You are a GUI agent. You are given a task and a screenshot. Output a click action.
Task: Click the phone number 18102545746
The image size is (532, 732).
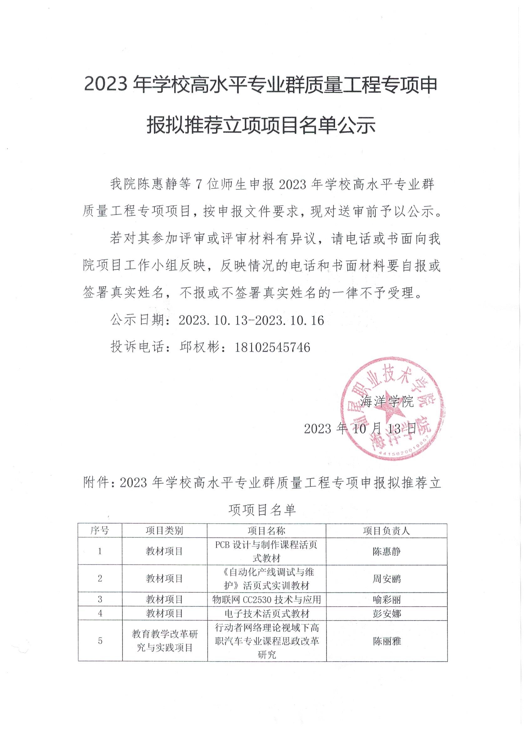click(x=273, y=347)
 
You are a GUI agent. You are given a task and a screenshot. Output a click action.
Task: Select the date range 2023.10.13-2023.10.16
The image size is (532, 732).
click(x=251, y=321)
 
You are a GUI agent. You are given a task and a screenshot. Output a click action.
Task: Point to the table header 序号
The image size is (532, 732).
click(x=100, y=530)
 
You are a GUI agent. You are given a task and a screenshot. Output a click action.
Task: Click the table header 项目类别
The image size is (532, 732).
click(x=165, y=530)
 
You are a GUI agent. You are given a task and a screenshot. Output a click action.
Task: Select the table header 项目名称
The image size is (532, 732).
click(x=266, y=530)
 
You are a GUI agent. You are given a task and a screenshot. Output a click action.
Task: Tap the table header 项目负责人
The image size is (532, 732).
click(x=386, y=530)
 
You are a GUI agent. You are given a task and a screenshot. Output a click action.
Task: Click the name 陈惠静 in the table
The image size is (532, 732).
click(x=386, y=551)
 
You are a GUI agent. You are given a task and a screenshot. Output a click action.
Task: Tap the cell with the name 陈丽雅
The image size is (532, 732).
click(x=387, y=641)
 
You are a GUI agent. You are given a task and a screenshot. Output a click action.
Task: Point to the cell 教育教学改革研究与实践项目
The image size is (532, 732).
click(x=165, y=641)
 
